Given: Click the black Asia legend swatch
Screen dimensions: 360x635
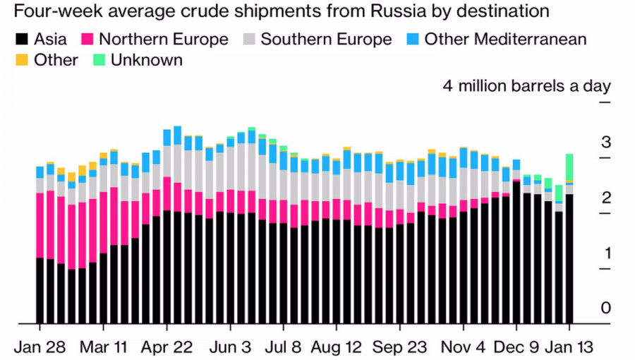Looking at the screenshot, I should pyautogui.click(x=20, y=39).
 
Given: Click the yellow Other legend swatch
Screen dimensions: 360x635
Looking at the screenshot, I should pyautogui.click(x=20, y=60).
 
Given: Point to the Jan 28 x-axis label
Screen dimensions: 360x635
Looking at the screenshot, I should pyautogui.click(x=40, y=347).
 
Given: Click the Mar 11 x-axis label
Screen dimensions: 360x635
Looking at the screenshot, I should pyautogui.click(x=103, y=347).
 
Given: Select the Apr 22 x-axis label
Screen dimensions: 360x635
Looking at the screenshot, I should pyautogui.click(x=167, y=347).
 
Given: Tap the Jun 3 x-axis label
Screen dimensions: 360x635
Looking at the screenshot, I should pyautogui.click(x=230, y=347).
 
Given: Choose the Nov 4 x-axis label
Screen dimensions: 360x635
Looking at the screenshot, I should pyautogui.click(x=464, y=347).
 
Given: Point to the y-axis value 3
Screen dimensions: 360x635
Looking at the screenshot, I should pyautogui.click(x=605, y=143).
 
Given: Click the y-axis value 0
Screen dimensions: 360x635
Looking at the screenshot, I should pyautogui.click(x=605, y=308).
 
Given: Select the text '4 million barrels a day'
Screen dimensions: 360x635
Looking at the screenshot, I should pyautogui.click(x=526, y=87).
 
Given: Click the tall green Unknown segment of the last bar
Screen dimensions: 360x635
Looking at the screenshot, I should pyautogui.click(x=569, y=167).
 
